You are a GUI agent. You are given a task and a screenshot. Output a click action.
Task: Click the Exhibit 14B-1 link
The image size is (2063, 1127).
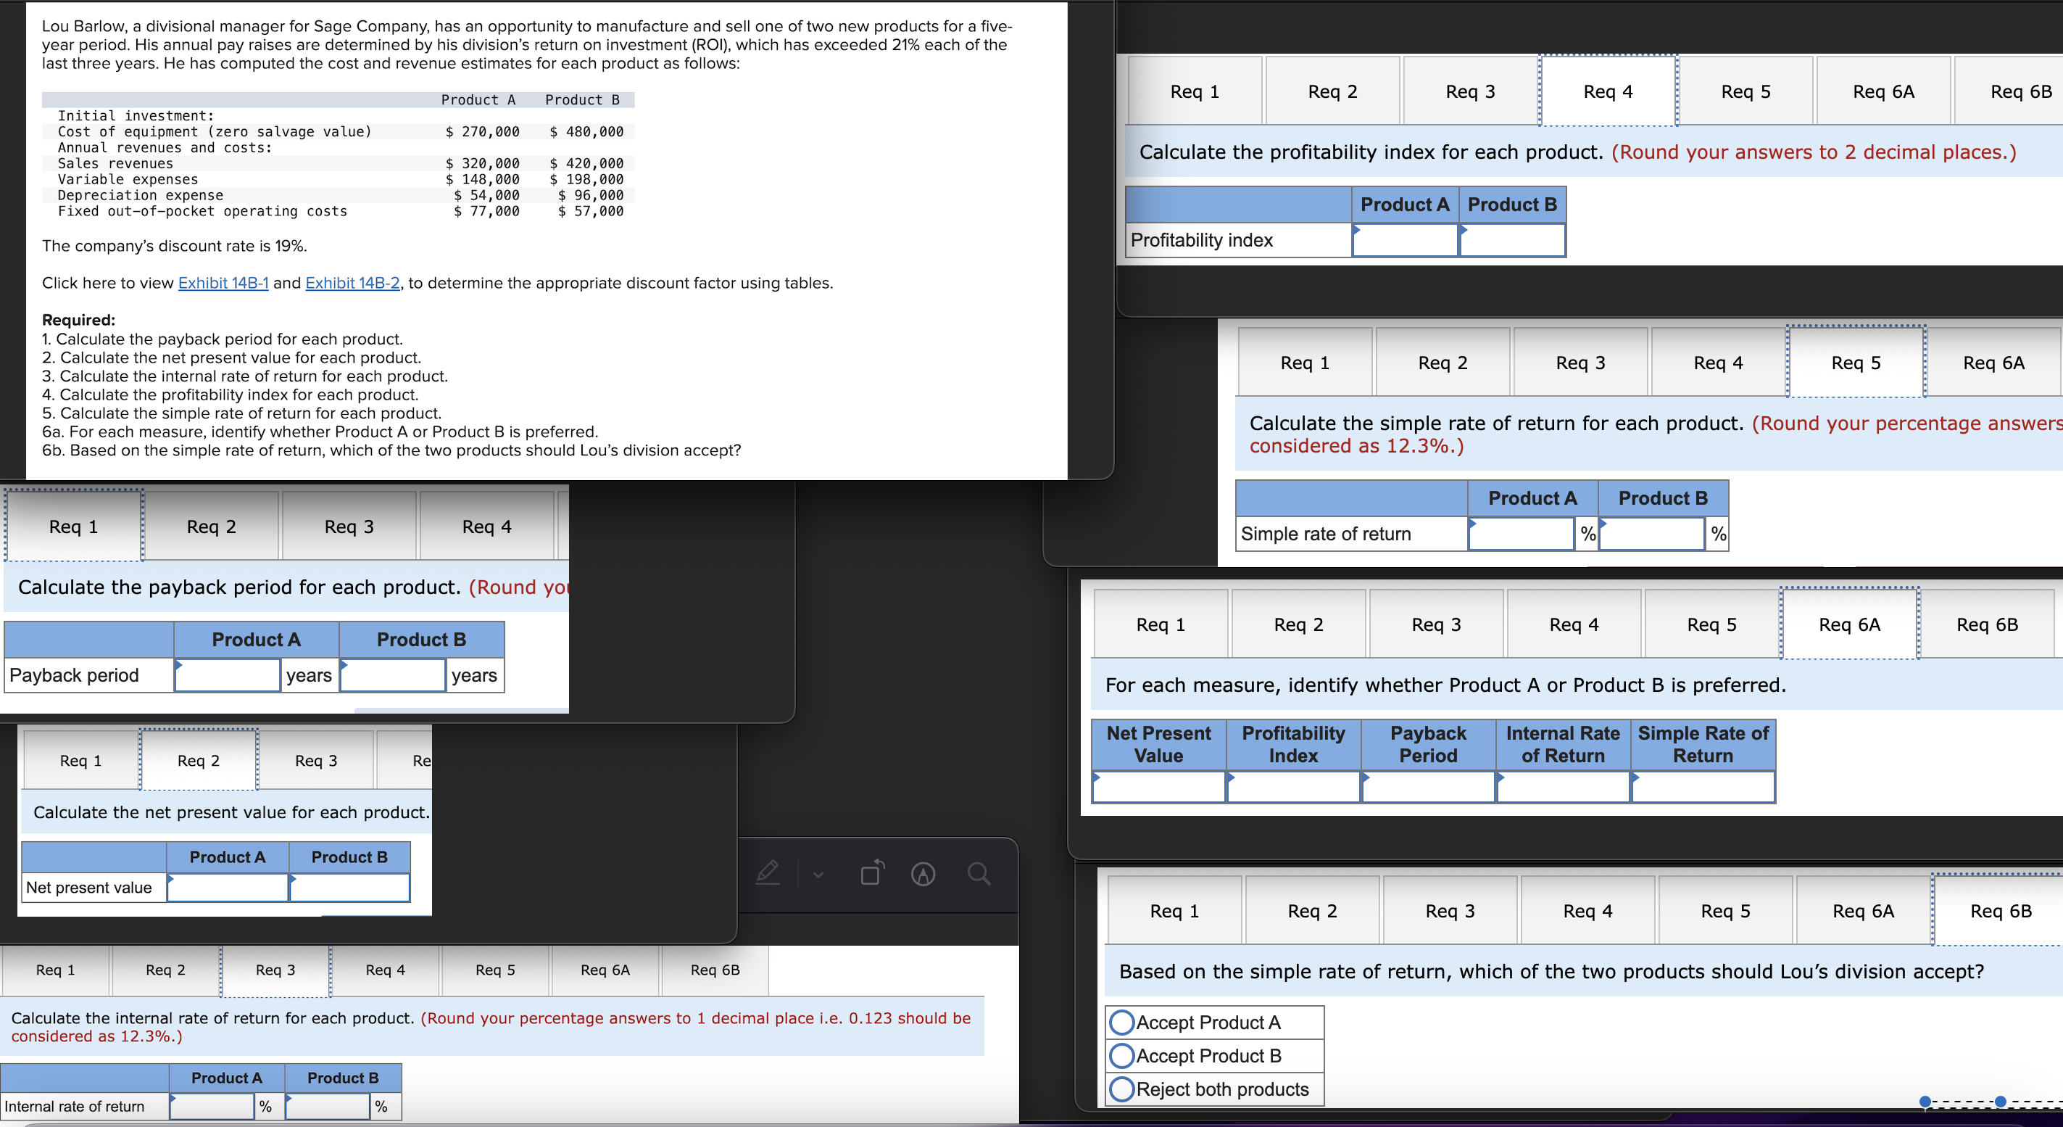tap(223, 283)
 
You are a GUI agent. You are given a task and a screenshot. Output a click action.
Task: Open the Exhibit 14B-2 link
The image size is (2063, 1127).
tap(352, 283)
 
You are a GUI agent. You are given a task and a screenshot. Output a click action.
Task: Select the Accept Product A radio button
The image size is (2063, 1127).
tap(1122, 1022)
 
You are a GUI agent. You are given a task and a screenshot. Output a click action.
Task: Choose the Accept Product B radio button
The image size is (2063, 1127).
tap(1122, 1056)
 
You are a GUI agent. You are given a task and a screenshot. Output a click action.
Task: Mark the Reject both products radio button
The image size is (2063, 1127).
tap(1122, 1089)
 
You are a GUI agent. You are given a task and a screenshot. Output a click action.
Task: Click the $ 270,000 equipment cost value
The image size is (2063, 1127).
tap(482, 131)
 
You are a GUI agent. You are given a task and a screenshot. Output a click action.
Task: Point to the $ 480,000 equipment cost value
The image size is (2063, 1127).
tap(586, 131)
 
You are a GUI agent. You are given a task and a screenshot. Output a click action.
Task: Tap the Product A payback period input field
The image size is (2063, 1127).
tap(228, 675)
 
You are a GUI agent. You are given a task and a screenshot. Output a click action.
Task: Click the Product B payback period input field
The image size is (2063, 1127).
tap(392, 675)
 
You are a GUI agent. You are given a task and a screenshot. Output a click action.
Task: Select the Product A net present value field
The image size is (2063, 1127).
tap(228, 888)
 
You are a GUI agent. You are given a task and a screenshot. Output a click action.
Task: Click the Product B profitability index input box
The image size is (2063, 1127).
tap(1511, 240)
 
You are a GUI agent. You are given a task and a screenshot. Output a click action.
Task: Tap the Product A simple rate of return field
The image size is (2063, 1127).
tap(1521, 534)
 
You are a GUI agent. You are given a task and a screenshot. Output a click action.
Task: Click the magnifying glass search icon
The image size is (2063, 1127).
tap(978, 873)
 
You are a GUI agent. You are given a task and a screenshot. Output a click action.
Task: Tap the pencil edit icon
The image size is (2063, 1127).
tap(767, 873)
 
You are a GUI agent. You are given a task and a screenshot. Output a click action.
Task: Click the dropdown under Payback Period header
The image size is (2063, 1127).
tap(1428, 788)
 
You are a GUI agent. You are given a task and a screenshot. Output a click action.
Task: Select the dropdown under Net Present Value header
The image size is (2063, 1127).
tap(1158, 788)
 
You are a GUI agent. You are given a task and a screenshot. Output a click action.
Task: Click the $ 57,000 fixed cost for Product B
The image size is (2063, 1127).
tap(590, 212)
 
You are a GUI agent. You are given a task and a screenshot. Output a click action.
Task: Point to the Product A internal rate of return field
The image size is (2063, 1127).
tap(212, 1106)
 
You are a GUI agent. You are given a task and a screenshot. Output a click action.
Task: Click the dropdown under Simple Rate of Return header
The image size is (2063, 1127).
tap(1703, 788)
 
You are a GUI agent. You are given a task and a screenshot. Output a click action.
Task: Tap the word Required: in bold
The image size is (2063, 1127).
tap(78, 320)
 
